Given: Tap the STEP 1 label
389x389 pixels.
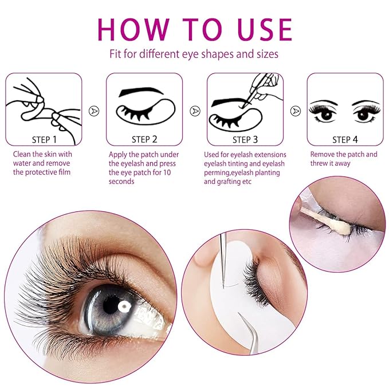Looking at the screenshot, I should click(44, 139).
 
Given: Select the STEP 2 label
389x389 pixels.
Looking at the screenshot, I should click(144, 139).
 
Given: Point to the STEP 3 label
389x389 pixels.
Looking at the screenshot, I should click(245, 139).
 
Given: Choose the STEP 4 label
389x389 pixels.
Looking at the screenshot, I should click(345, 139).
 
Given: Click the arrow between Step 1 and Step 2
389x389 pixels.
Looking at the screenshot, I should click(94, 110).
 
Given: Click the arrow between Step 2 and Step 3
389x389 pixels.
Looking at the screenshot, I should click(195, 110).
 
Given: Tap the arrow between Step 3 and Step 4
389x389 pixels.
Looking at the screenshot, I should click(296, 110).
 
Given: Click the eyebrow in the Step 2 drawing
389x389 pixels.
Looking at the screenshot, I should click(142, 92).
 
